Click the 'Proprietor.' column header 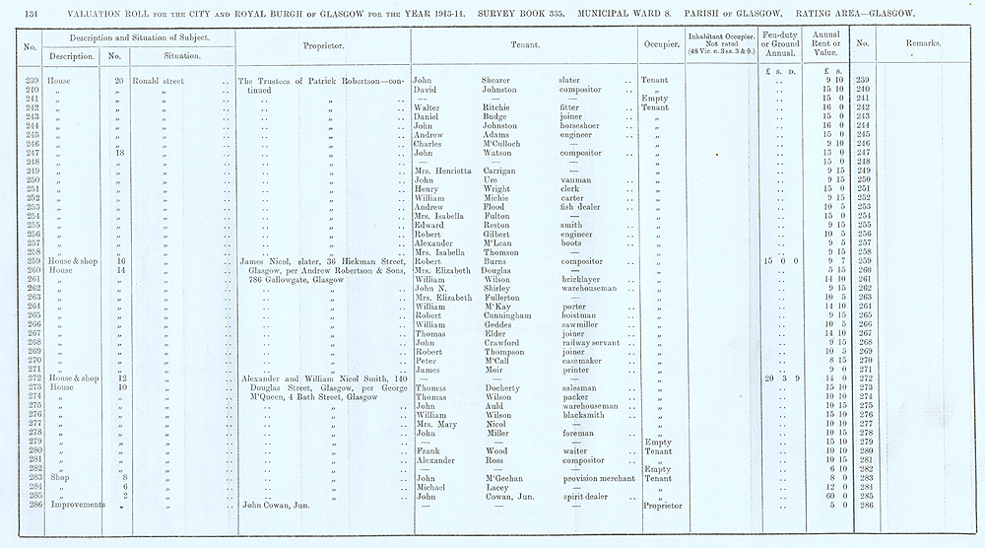pos(325,45)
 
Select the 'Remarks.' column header pos(923,44)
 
